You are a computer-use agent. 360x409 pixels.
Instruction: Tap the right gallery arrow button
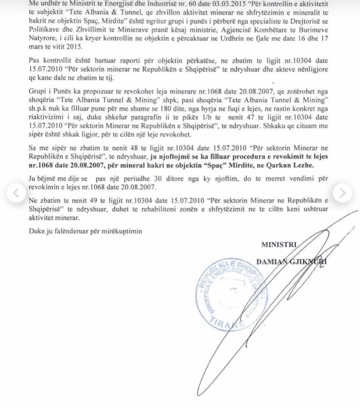pos(342,193)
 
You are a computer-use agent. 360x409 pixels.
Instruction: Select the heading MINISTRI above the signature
pos(278,244)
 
